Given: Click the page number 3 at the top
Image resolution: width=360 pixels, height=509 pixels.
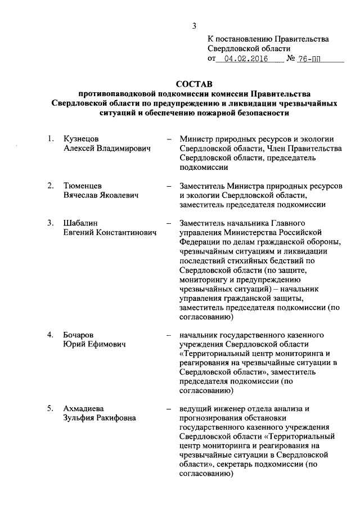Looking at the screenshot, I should (193, 25).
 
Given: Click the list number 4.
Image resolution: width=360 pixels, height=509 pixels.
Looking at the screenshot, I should (50, 335).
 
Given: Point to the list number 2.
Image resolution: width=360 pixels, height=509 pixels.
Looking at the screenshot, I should (50, 185).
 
